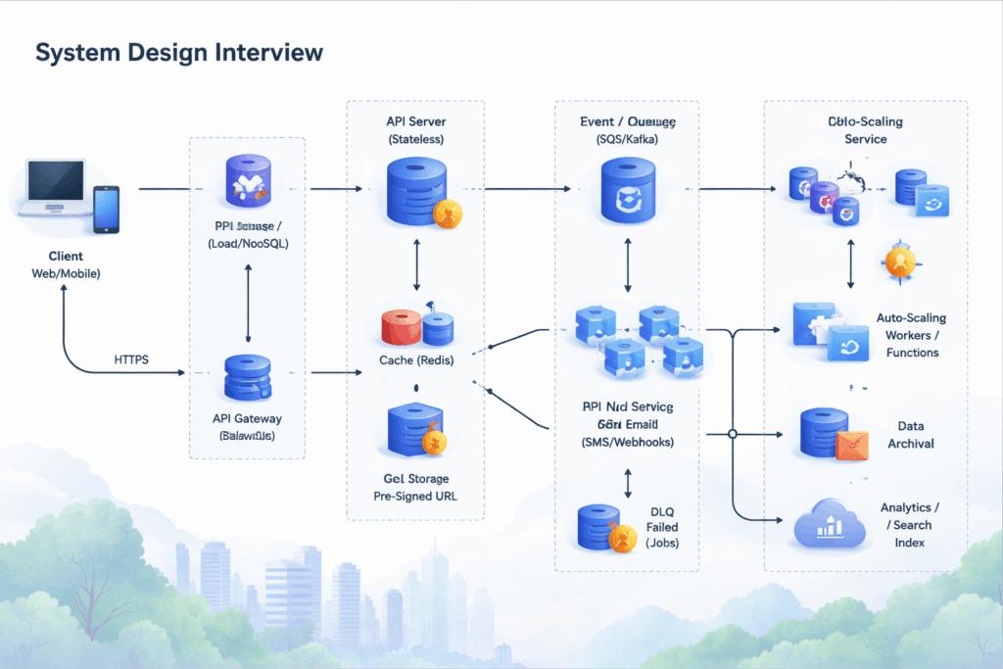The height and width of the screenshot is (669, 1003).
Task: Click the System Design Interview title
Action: click(x=179, y=52)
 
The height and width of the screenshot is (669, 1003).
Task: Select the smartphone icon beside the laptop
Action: click(x=106, y=209)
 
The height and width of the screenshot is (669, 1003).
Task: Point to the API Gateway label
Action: click(x=247, y=418)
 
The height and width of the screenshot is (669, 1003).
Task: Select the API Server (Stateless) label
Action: click(x=415, y=129)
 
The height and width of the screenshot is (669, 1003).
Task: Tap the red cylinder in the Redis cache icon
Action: click(x=401, y=328)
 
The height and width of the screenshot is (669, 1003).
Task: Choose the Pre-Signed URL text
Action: click(x=415, y=496)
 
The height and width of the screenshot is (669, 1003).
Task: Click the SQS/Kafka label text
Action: click(x=627, y=140)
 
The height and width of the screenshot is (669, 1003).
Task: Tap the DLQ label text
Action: click(x=662, y=510)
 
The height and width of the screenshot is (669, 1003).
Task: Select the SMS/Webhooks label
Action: click(x=627, y=442)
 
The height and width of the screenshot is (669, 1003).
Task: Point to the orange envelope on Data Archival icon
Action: click(x=852, y=446)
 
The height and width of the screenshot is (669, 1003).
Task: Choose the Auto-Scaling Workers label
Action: click(x=912, y=335)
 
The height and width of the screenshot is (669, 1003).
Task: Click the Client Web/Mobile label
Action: click(x=65, y=264)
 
